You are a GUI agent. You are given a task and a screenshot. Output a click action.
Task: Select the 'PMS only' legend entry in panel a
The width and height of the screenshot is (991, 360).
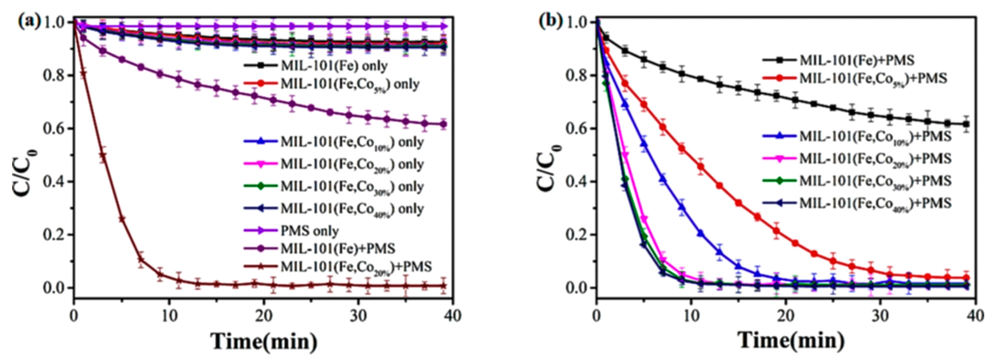coord(310,231)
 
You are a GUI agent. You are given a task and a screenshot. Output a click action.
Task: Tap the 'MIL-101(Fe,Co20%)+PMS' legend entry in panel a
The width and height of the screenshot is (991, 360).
coord(356,266)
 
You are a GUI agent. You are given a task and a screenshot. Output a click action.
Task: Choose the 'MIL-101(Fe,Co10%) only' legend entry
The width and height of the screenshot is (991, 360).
coord(352,142)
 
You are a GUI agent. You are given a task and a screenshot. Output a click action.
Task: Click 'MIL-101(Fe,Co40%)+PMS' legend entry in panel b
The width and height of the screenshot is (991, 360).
coord(875,203)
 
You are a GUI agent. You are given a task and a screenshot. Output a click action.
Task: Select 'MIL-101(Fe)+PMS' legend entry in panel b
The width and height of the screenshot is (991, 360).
coord(856,60)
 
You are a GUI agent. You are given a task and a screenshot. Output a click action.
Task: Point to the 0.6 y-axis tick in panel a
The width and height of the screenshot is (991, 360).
coord(55,128)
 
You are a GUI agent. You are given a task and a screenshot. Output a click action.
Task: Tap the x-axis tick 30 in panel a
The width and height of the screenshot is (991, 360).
coord(358,316)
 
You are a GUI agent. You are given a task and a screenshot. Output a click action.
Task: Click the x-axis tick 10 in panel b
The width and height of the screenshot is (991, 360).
coord(691,316)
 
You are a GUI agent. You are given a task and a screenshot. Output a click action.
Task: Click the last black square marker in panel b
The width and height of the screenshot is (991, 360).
coord(966,124)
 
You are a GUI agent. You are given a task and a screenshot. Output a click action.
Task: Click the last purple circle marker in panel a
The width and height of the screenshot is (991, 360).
coord(443,124)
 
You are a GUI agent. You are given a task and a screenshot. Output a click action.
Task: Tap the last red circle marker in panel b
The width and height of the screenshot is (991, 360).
coord(966,278)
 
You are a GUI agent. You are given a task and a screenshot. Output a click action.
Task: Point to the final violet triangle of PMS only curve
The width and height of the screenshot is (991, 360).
coord(443,26)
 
